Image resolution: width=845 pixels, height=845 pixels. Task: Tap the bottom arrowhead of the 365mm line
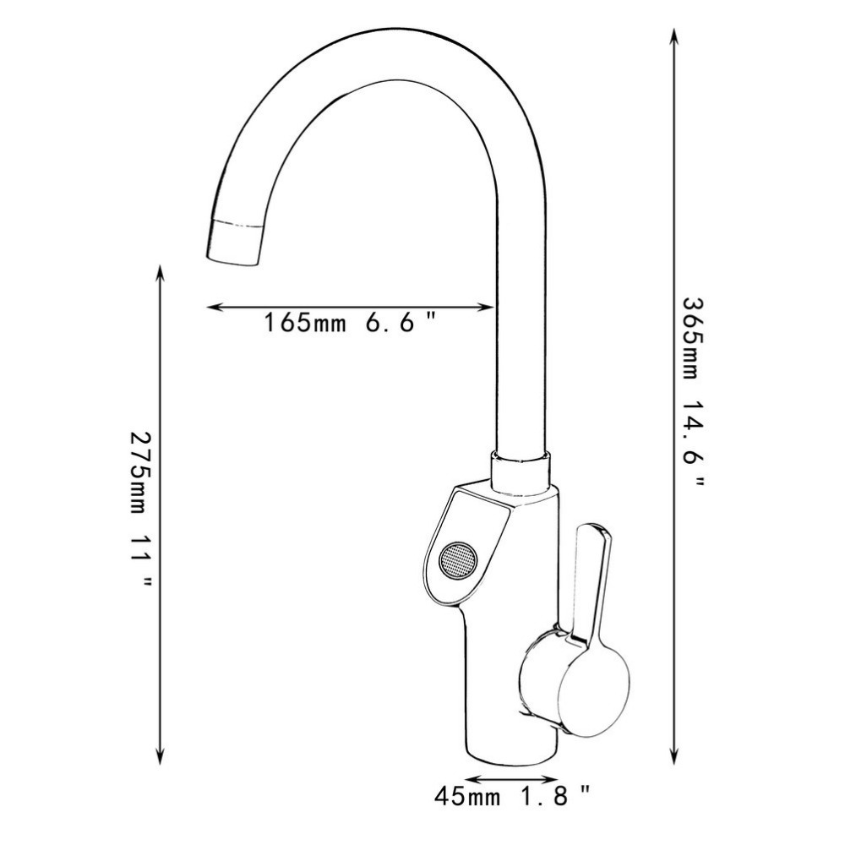click(673, 758)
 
